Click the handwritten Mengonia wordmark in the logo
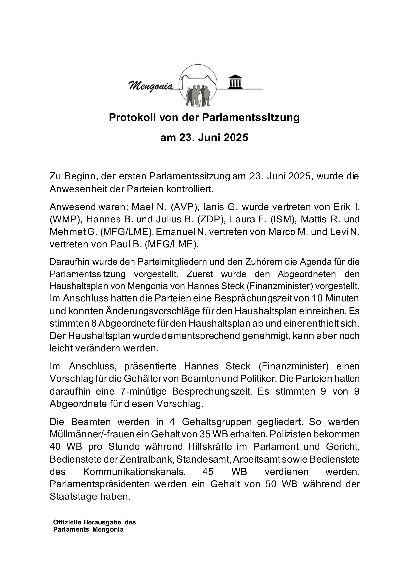[151, 86]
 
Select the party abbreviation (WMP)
[65, 219]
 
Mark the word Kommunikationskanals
[134, 471]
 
